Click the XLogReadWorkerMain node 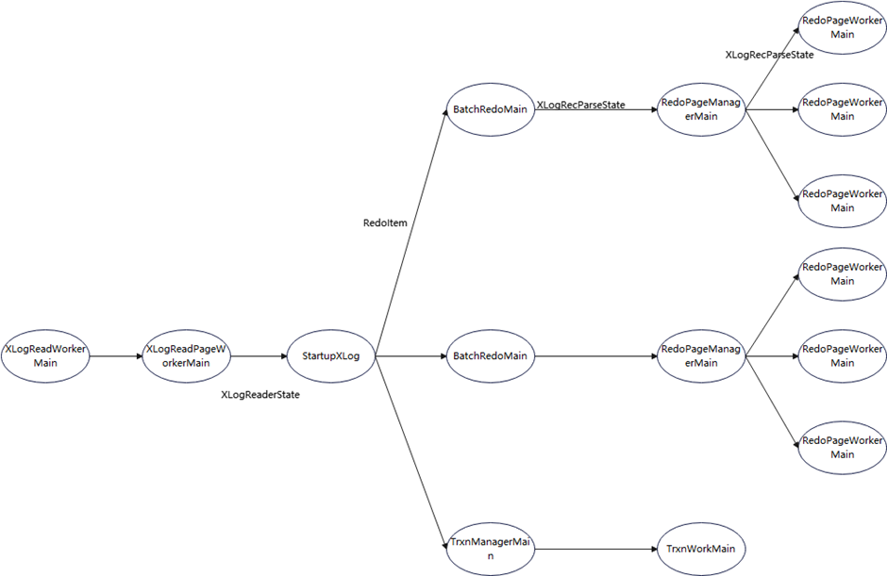pyautogui.click(x=45, y=356)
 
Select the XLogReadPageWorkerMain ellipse pyautogui.click(x=186, y=356)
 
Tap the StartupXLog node pyautogui.click(x=330, y=356)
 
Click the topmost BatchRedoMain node pyautogui.click(x=490, y=109)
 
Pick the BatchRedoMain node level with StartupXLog pyautogui.click(x=490, y=356)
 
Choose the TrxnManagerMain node pyautogui.click(x=490, y=549)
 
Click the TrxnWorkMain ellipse pyautogui.click(x=699, y=549)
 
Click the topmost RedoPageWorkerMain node pyautogui.click(x=842, y=27)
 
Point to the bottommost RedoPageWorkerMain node pyautogui.click(x=842, y=448)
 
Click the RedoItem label pyautogui.click(x=385, y=223)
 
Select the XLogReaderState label pyautogui.click(x=260, y=395)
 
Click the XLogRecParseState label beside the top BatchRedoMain pyautogui.click(x=580, y=106)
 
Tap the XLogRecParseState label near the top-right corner pyautogui.click(x=769, y=55)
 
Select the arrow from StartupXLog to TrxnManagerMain pyautogui.click(x=410, y=453)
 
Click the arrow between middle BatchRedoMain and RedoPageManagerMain pyautogui.click(x=594, y=356)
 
